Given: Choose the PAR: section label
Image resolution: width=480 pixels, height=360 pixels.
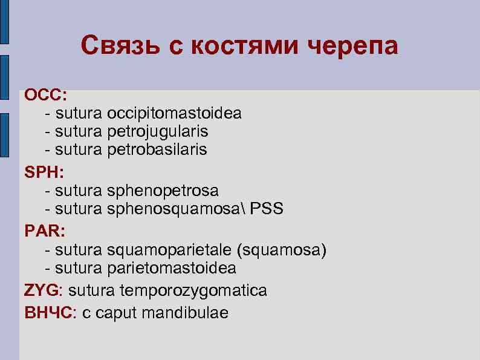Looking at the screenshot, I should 45,231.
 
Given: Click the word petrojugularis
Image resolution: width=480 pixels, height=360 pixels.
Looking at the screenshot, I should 158,131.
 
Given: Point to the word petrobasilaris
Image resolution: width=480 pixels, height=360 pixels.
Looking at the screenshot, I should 157,149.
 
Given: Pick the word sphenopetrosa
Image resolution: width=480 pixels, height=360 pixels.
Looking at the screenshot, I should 163,191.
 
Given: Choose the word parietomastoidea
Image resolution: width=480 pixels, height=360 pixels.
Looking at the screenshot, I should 172,267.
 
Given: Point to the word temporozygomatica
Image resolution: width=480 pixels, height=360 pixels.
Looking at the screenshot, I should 193,291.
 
